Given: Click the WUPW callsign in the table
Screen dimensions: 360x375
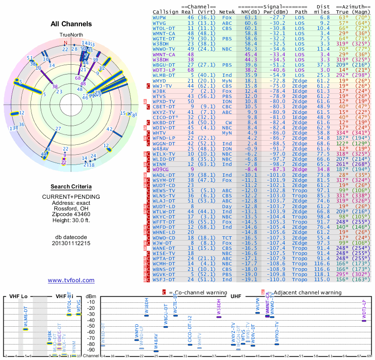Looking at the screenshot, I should [x=160, y=17].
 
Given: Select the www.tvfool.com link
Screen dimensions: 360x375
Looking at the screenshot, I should [x=71, y=280].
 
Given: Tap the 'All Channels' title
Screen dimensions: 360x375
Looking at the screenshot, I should [x=71, y=24].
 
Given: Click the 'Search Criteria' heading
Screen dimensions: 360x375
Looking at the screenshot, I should [x=71, y=187].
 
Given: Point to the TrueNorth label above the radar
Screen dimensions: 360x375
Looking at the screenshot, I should [x=71, y=35].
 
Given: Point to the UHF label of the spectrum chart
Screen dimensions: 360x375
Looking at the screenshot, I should [x=235, y=296].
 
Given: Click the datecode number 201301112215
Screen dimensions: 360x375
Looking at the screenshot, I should [x=71, y=243].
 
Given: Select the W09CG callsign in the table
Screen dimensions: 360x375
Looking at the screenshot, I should [x=160, y=169].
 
